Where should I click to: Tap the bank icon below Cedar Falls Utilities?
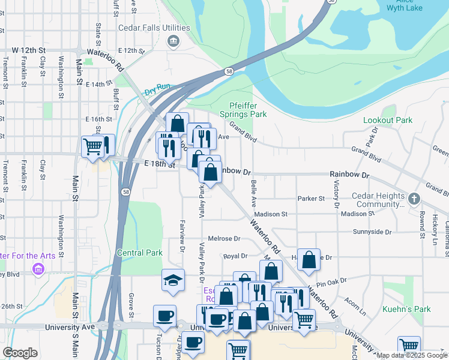click(x=173, y=41)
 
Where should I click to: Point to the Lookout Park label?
click(x=388, y=120)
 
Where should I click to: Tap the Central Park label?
click(x=140, y=253)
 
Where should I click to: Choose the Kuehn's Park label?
click(x=406, y=310)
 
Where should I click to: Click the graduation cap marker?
click(x=173, y=280)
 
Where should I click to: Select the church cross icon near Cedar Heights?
click(x=414, y=198)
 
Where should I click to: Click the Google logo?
click(x=20, y=353)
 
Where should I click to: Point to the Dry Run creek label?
click(x=157, y=87)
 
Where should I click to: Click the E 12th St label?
click(x=132, y=50)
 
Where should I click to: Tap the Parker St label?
click(x=311, y=199)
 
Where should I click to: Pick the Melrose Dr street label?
click(x=223, y=238)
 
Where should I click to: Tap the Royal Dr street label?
click(x=235, y=256)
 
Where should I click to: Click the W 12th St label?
click(x=29, y=49)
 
